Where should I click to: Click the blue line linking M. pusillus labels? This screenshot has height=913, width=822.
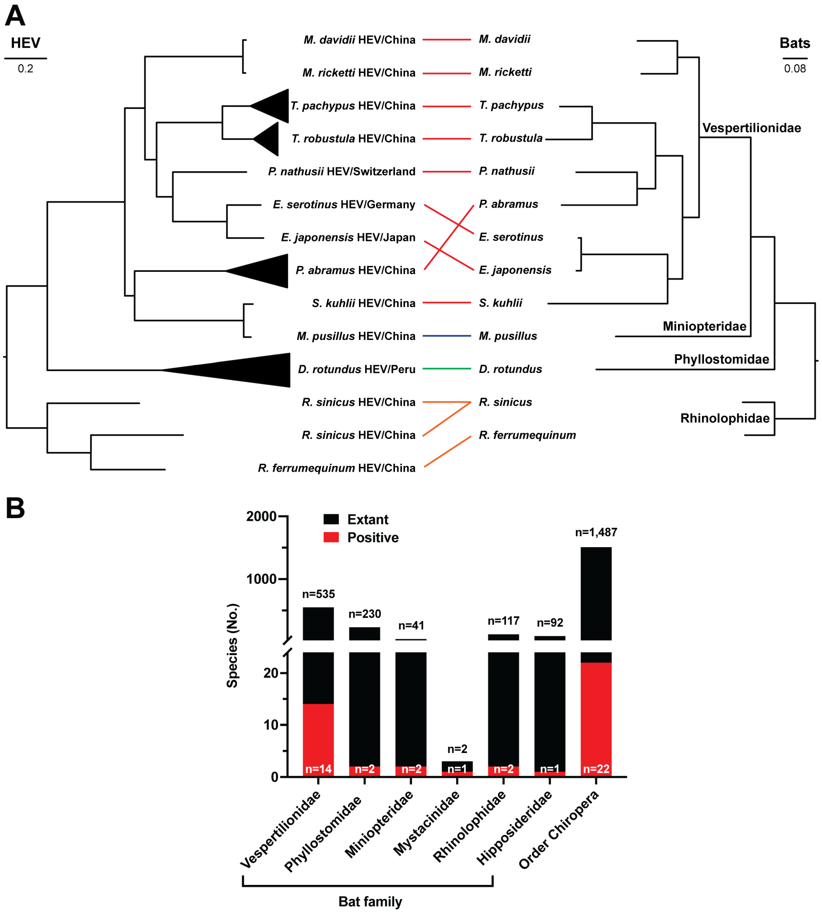(447, 336)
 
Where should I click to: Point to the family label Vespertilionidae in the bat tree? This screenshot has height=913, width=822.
(751, 128)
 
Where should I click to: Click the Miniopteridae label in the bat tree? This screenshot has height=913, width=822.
(704, 326)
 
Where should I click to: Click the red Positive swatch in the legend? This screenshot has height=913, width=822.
(331, 537)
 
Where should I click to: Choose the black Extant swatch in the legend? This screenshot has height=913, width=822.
(331, 519)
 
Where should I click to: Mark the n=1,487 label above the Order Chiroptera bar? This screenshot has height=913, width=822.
(596, 532)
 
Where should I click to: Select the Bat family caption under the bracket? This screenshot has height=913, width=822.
(370, 901)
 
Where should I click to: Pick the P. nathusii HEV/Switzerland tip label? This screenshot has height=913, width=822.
(341, 172)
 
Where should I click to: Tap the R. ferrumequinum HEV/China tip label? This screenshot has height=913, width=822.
(336, 468)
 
